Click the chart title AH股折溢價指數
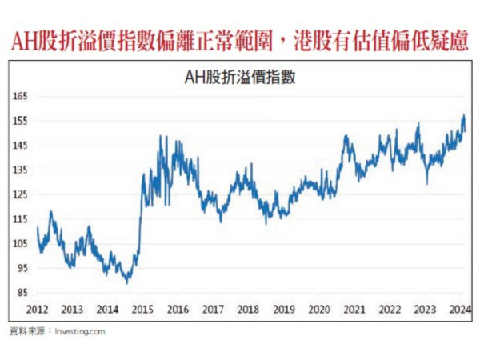pos(240,78)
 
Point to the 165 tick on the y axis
pos(20,96)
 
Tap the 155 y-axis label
pos(20,121)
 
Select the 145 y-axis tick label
pos(20,146)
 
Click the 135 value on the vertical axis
pos(20,170)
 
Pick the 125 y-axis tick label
pos(20,194)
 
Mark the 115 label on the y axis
pos(20,219)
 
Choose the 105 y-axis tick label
pos(20,244)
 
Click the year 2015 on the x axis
pos(142,309)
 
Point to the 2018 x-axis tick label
pos(248,309)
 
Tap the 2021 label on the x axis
pos(354,309)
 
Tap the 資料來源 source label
pos(26,330)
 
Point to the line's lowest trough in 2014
pos(127,282)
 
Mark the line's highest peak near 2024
pos(463,115)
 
